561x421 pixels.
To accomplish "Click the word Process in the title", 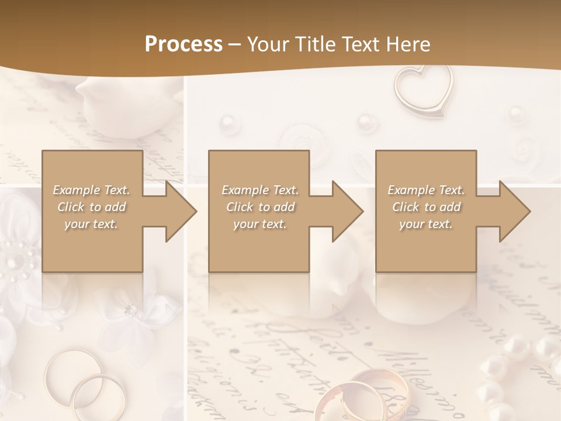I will pos(183,44).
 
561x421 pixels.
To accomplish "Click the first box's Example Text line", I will pos(91,190).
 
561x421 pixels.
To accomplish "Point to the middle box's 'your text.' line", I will pos(260,224).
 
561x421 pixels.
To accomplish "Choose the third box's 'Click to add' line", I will pos(427,207).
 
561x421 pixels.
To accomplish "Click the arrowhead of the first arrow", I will pos(181,211).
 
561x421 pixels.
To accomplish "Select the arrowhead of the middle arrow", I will pos(348,211).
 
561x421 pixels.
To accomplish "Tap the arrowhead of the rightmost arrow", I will pos(515,211).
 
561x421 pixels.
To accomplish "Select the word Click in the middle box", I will pos(238,207).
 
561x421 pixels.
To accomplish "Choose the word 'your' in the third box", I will pos(411,224).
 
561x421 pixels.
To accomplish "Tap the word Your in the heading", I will pos(267,44).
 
